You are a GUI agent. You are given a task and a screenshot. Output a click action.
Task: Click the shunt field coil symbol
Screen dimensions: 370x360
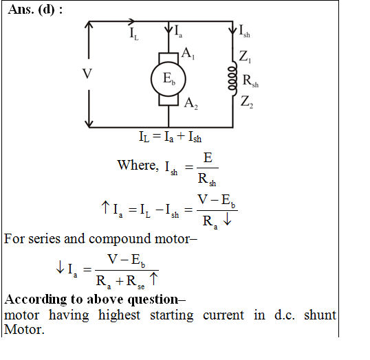(232, 78)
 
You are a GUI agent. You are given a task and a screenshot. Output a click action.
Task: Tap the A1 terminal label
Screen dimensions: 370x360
(188, 54)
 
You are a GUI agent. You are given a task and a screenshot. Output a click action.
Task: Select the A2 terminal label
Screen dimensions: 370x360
(191, 104)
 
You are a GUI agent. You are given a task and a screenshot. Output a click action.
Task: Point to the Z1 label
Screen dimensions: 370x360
(245, 57)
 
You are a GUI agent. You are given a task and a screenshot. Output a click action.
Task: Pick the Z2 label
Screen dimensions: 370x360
(247, 102)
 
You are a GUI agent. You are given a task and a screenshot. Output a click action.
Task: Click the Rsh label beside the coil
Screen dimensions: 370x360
(250, 81)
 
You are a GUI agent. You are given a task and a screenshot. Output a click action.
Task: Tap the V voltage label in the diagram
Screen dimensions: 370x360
(87, 74)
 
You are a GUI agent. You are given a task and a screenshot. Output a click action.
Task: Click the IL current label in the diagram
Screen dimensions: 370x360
(134, 33)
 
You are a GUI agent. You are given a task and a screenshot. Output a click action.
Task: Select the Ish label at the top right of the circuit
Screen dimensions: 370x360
(244, 31)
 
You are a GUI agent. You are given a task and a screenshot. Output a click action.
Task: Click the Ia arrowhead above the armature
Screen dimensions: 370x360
(168, 30)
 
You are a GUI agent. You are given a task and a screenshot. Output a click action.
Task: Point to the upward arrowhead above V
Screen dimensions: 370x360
(89, 25)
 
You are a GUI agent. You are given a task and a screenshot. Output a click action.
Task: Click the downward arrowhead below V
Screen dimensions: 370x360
(89, 124)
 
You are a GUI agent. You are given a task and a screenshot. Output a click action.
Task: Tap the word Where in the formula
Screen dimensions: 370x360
(138, 165)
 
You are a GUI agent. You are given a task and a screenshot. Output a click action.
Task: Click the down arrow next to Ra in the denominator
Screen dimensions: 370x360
(227, 220)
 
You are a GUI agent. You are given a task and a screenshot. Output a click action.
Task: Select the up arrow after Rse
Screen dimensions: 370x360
(153, 279)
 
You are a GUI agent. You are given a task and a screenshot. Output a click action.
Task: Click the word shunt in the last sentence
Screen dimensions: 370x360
(320, 315)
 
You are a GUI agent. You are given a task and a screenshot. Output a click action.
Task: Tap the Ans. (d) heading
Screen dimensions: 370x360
(35, 10)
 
